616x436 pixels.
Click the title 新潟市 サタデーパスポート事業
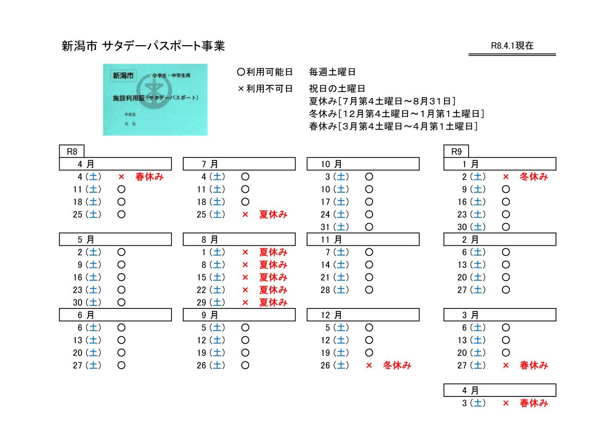tap(143, 46)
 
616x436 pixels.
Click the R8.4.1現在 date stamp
tap(512, 46)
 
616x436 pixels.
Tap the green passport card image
tap(155, 100)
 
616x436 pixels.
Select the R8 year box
tap(72, 152)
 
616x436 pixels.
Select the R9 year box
tap(456, 152)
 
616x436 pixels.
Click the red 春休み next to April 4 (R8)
tap(149, 177)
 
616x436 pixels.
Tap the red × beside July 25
tap(245, 215)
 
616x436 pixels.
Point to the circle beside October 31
tap(369, 227)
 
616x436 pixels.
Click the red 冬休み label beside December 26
tap(397, 366)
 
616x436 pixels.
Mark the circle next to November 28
tap(369, 290)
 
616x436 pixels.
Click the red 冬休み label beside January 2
tap(534, 177)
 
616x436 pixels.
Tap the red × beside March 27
tap(506, 366)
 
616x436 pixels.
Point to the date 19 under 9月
tap(201, 353)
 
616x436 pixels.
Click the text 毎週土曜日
tap(332, 72)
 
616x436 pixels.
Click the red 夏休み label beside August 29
tap(273, 302)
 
